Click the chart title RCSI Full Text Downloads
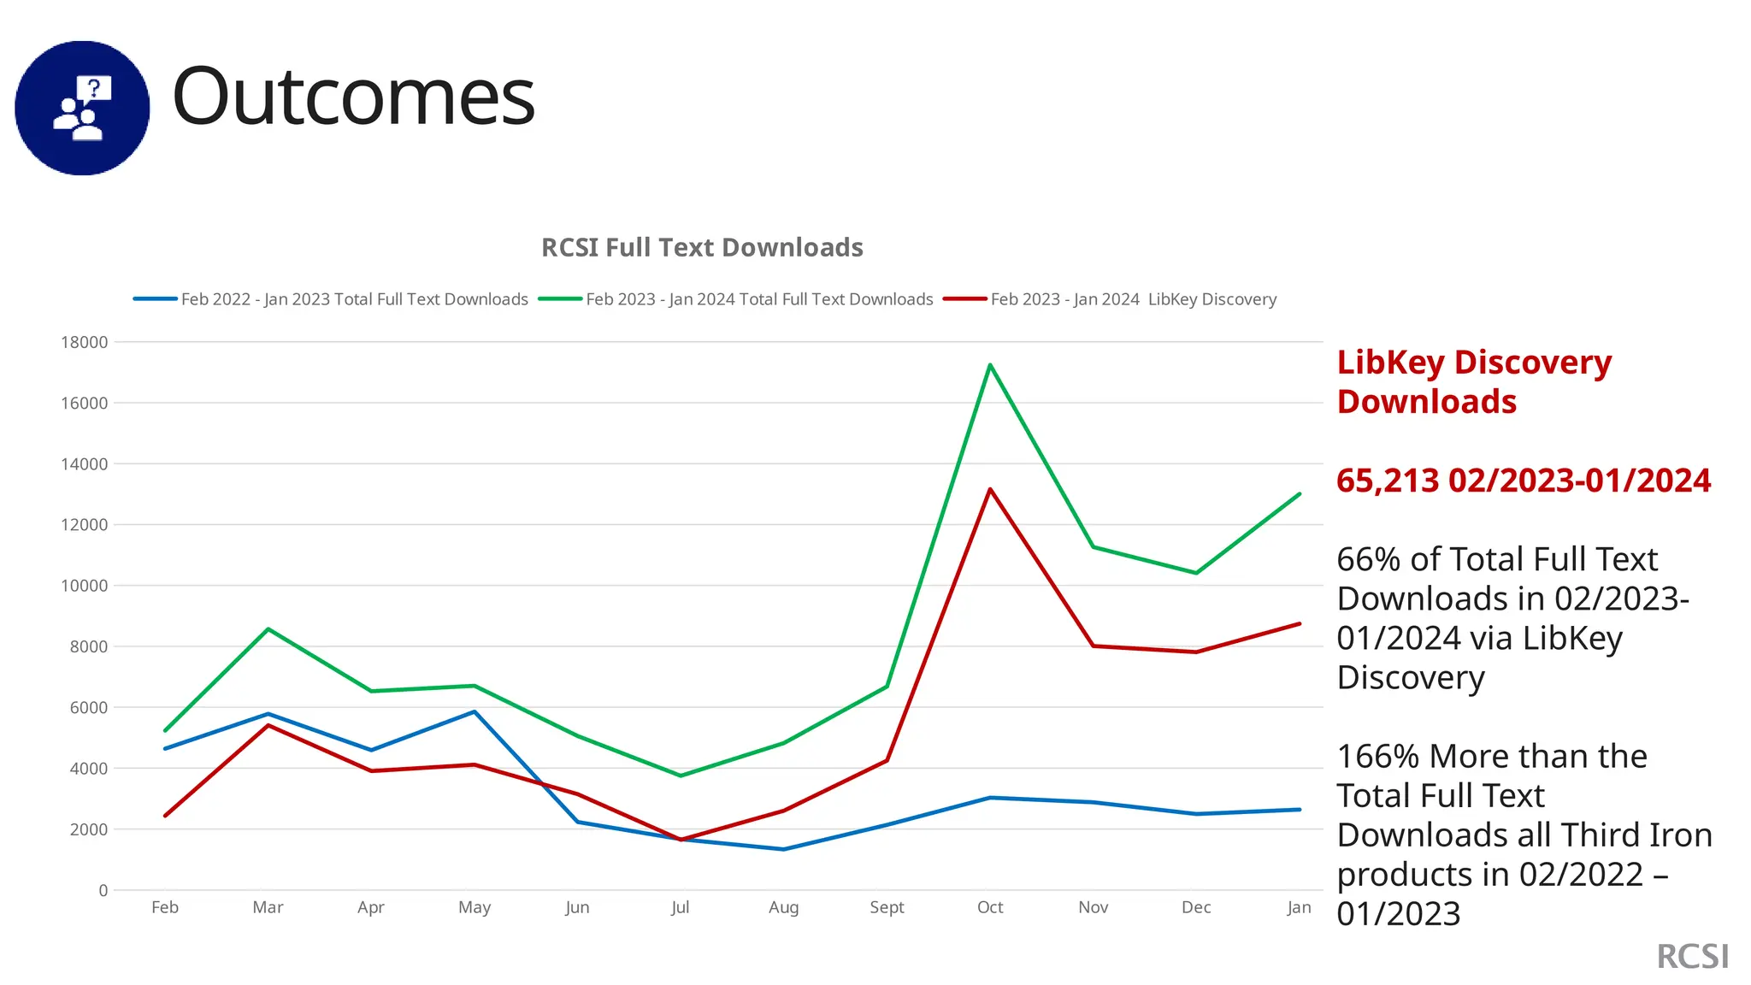pyautogui.click(x=702, y=248)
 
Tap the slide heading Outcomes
pyautogui.click(x=353, y=97)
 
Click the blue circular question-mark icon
pyautogui.click(x=82, y=108)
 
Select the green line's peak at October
pyautogui.click(x=990, y=365)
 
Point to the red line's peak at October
pyautogui.click(x=990, y=489)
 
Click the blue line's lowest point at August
pyautogui.click(x=783, y=849)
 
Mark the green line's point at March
pyautogui.click(x=268, y=629)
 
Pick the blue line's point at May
pyautogui.click(x=475, y=711)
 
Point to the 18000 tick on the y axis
pyautogui.click(x=85, y=342)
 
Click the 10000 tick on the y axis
pyautogui.click(x=85, y=586)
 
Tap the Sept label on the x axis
pyautogui.click(x=887, y=907)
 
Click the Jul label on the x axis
pyautogui.click(x=680, y=907)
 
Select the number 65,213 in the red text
pyautogui.click(x=1388, y=481)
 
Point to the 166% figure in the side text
pyautogui.click(x=1377, y=757)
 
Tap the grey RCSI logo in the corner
pyautogui.click(x=1692, y=957)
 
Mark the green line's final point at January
pyautogui.click(x=1299, y=494)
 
